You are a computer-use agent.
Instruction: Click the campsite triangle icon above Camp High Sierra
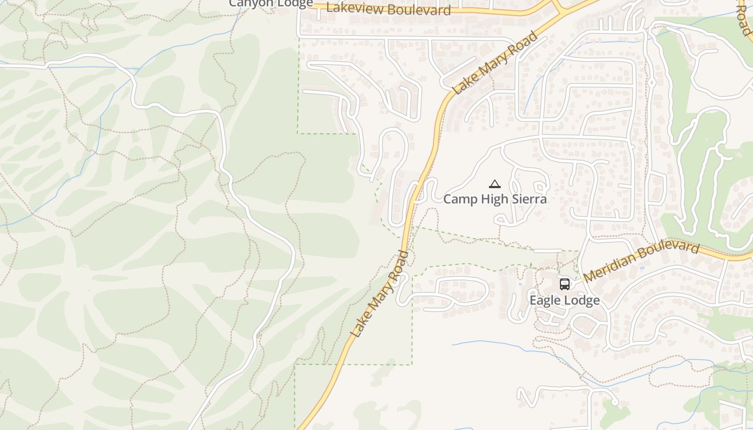coord(495,184)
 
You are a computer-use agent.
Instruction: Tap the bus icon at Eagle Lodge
coord(564,284)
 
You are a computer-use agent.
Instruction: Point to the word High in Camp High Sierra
coord(493,199)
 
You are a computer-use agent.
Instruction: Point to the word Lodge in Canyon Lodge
coord(295,3)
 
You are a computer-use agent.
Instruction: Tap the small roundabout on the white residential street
coord(651,83)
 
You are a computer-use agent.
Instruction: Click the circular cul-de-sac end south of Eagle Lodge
coord(615,402)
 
